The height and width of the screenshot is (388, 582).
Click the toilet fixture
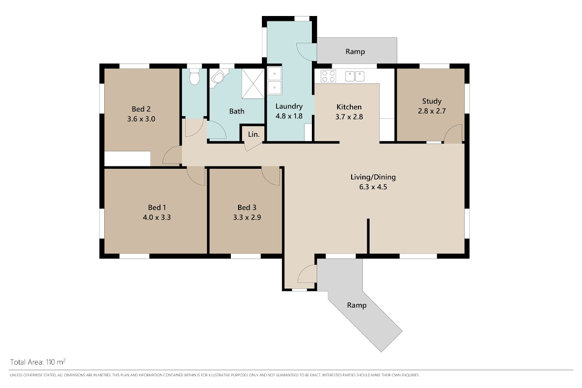tap(194, 76)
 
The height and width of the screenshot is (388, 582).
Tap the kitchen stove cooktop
tap(328, 76)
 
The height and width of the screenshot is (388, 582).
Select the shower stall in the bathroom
tap(253, 83)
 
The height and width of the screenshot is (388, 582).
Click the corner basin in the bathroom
tap(218, 77)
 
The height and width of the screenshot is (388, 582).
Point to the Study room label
tap(432, 101)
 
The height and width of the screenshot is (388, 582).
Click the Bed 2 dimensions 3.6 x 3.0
tap(141, 119)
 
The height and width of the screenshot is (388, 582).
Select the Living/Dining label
tap(373, 177)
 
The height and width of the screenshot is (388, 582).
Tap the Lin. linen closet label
tap(254, 134)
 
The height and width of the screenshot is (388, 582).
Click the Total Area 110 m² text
tap(38, 362)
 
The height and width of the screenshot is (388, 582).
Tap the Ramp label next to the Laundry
tap(355, 52)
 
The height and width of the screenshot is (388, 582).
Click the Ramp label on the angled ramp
tap(357, 305)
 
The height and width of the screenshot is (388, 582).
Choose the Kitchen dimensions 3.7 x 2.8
tap(349, 117)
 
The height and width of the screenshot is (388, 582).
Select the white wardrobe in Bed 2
tap(127, 158)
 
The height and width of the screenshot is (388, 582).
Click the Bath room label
tap(237, 111)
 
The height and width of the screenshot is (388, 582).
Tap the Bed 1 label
tap(157, 208)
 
